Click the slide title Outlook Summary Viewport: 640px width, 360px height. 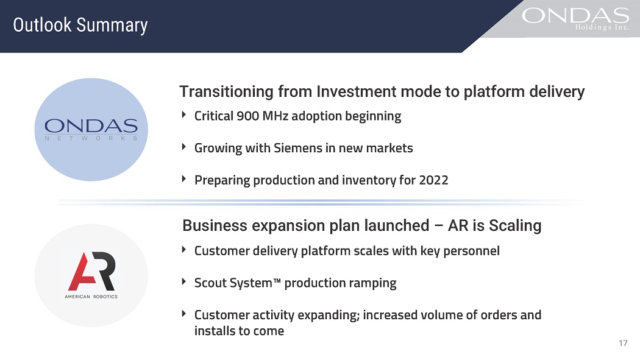point(80,26)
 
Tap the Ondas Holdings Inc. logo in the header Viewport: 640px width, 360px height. point(575,19)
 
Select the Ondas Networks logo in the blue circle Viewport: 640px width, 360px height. point(91,129)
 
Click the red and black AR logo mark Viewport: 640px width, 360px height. point(92,271)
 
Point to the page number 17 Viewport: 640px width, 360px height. point(623,343)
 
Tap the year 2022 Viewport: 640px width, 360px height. point(433,180)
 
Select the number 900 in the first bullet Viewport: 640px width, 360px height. point(247,116)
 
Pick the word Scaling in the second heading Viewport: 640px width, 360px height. point(515,225)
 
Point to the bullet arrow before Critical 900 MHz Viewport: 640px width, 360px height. point(184,115)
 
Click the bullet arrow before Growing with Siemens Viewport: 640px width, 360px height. point(184,147)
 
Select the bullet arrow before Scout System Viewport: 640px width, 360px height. point(184,281)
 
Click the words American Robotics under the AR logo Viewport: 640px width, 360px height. point(91,297)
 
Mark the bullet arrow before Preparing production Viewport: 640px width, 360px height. point(184,178)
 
